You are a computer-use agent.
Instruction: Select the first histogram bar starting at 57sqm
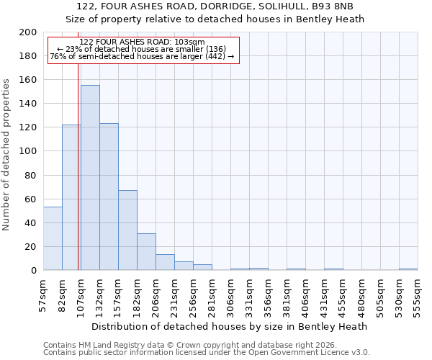[53, 238]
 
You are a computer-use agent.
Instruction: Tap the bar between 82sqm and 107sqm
[71, 197]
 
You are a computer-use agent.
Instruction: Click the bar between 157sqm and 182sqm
[127, 230]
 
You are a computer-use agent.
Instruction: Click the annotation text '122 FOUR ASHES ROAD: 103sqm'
[143, 42]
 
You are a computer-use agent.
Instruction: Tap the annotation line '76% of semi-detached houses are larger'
[142, 56]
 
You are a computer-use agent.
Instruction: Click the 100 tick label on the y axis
[29, 151]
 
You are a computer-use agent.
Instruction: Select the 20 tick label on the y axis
[32, 247]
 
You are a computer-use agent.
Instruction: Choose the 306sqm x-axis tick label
[230, 294]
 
